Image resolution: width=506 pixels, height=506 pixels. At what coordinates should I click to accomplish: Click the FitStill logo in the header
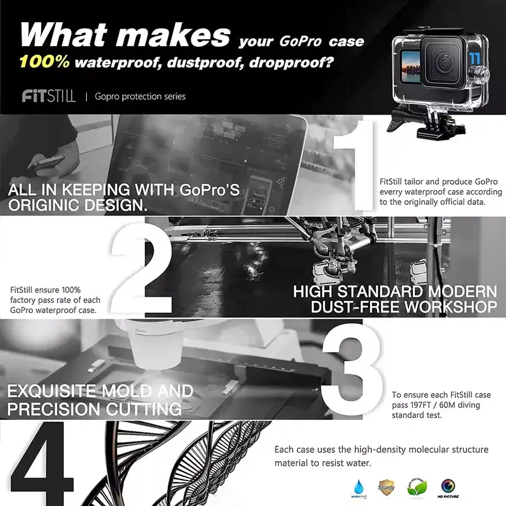pos(49,96)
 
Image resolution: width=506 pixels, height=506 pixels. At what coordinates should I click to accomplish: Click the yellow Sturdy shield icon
pos(386,486)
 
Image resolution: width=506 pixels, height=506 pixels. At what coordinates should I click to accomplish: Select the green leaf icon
pos(416,486)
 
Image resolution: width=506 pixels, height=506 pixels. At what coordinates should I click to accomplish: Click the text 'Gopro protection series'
pos(140,97)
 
